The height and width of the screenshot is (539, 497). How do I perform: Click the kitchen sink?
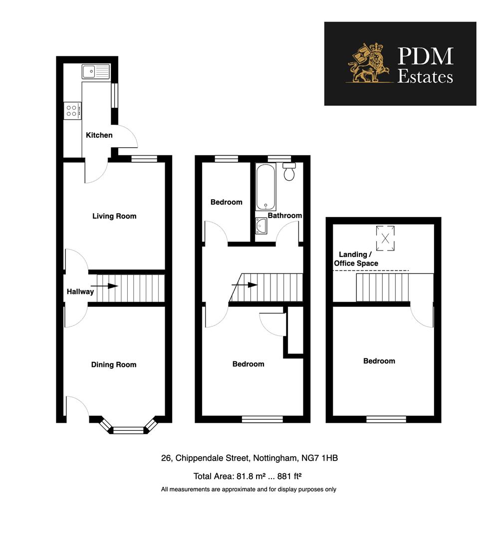click(96, 72)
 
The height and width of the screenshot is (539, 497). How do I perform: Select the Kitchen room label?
click(99, 135)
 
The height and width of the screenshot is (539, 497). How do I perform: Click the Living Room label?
click(114, 216)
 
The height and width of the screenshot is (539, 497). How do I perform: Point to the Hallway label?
click(80, 291)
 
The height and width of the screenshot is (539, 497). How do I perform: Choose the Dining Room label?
click(113, 365)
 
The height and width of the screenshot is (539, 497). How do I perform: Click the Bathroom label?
click(285, 216)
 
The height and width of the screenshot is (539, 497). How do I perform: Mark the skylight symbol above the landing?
click(385, 235)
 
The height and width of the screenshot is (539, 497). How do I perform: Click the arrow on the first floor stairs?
click(245, 285)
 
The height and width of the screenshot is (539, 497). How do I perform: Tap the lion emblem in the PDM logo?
click(368, 63)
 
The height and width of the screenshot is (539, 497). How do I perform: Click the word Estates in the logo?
click(425, 76)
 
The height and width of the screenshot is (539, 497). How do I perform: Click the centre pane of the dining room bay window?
click(128, 429)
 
